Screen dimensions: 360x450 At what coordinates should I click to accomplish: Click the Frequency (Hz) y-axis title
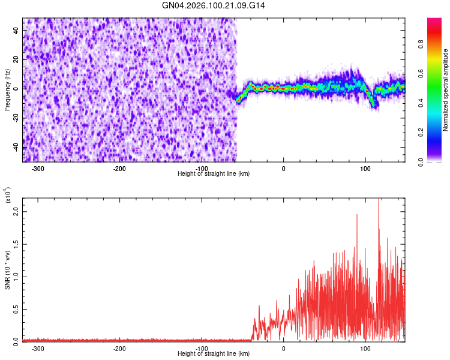pos(7,90)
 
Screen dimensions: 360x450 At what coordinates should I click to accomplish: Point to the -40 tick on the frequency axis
pos(16,148)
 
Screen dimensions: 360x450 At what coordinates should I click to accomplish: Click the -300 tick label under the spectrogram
pos(38,169)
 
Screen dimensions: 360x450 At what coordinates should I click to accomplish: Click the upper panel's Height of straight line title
pos(214,173)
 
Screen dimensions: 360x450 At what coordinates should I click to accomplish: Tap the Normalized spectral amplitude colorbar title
pos(446,90)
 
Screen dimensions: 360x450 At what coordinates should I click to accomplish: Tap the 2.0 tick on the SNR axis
pos(16,212)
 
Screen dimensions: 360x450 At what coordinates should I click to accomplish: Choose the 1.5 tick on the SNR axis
pos(16,244)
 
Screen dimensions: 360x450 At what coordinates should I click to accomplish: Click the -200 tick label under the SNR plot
pos(119,349)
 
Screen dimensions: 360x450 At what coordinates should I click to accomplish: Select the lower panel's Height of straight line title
pos(214,353)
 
